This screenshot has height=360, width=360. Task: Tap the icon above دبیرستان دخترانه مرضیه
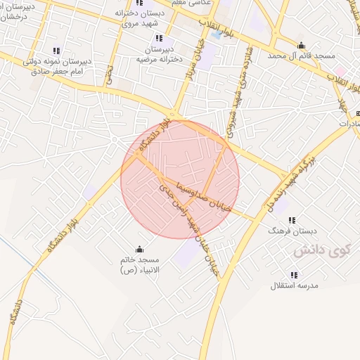(x=160, y=37)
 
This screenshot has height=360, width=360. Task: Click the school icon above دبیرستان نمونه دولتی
(x=56, y=51)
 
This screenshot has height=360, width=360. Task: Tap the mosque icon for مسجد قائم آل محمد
(x=302, y=46)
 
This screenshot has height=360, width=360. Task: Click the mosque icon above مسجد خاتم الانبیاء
(x=139, y=248)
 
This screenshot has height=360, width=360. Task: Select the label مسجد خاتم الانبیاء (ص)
(x=139, y=265)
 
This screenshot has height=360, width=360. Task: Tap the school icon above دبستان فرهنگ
(x=292, y=219)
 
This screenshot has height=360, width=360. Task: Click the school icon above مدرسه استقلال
(x=293, y=275)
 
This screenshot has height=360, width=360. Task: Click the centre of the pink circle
(x=180, y=180)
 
